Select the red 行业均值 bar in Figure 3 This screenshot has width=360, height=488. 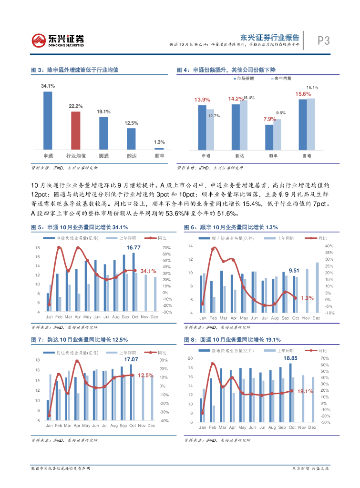coord(75,130)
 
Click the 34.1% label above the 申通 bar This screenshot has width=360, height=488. coord(48,86)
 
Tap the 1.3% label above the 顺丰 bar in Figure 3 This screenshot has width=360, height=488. coord(159,142)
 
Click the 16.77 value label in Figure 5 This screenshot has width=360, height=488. coord(133,247)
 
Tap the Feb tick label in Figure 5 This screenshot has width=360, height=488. coord(58,317)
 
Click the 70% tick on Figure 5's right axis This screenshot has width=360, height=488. coord(166,248)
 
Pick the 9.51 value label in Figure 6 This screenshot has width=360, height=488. coord(294,270)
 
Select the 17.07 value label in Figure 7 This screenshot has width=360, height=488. coord(131,359)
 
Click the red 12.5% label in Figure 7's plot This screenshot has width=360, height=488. coord(145,376)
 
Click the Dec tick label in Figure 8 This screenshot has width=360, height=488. coord(312,427)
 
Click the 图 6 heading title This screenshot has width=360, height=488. coord(231,227)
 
